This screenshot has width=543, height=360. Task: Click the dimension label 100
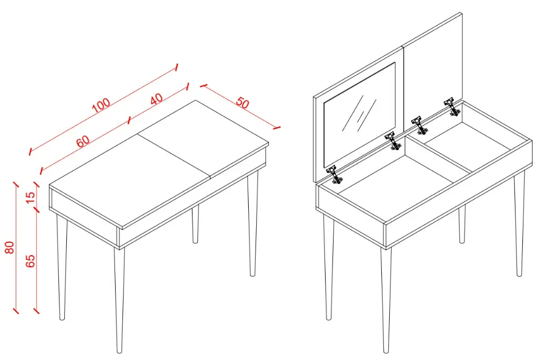point(101,105)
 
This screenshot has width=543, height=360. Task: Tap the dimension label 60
point(83,141)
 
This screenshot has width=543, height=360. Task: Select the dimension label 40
point(156,99)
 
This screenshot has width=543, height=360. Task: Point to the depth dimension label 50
point(242,103)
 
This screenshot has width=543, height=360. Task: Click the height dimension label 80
point(10,247)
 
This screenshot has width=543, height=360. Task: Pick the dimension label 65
point(30,261)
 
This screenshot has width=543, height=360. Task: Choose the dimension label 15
point(30,198)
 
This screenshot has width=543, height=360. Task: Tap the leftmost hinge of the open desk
point(334,175)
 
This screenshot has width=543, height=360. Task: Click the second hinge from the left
point(393,141)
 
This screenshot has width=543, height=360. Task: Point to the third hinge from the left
point(420,125)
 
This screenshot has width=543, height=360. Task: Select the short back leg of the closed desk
point(195,224)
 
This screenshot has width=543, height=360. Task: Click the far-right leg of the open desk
point(519,224)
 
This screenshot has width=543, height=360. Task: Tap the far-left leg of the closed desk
point(62,267)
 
